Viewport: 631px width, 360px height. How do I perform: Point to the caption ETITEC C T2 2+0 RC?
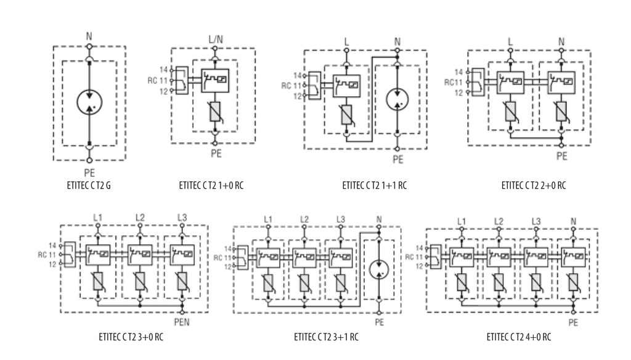533,184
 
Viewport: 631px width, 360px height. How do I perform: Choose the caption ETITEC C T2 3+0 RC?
131,337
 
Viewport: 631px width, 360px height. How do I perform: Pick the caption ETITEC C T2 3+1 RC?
327,337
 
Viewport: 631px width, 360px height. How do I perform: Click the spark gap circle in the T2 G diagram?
89,102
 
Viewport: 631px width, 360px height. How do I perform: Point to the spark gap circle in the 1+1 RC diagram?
397,99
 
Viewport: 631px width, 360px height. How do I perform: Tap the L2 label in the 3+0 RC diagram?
140,218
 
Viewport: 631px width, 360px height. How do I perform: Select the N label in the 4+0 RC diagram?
572,221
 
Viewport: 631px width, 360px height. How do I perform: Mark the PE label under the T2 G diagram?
89,173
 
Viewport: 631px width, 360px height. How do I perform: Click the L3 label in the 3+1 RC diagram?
340,219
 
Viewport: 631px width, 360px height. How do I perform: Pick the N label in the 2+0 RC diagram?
561,43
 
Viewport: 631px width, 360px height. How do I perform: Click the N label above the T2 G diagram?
89,36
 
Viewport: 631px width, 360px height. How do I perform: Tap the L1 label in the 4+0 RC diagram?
462,221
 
